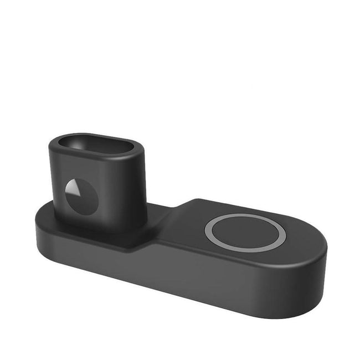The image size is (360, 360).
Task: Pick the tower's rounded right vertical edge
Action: pyautogui.click(x=143, y=183)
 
